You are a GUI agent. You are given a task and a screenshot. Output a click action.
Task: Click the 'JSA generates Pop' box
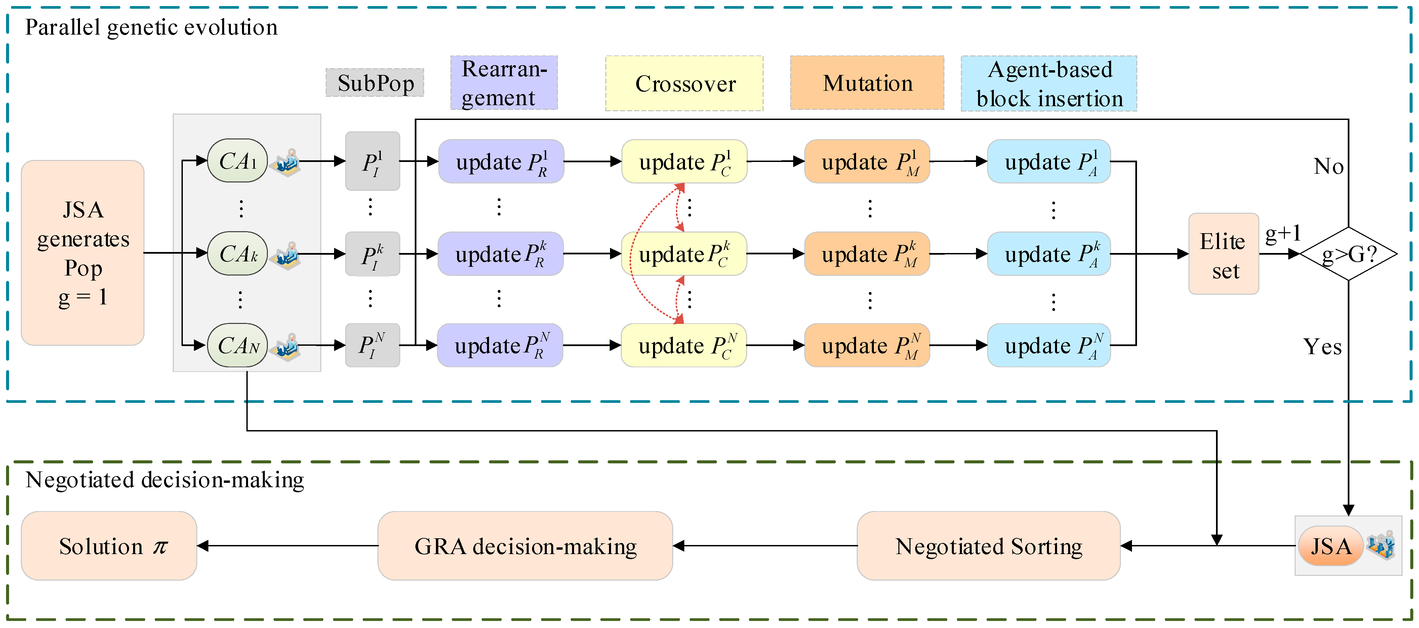(83, 253)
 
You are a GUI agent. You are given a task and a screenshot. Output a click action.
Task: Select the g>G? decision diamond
(1348, 254)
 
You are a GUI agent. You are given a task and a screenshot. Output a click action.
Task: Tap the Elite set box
(1223, 254)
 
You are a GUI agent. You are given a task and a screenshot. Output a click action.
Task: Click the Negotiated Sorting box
(988, 546)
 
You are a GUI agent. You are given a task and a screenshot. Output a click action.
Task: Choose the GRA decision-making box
(525, 546)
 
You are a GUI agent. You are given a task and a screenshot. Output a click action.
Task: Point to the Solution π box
(109, 546)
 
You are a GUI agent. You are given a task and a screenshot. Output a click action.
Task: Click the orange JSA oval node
(1330, 546)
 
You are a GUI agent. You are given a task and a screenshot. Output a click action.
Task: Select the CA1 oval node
(237, 161)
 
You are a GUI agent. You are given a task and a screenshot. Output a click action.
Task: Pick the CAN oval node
(237, 345)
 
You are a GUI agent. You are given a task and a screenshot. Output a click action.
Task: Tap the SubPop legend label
(375, 83)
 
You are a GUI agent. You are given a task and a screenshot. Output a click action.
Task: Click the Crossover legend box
(684, 83)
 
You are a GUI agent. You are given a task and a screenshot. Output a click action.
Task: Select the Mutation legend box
(867, 83)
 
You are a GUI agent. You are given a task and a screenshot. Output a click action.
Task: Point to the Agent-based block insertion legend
(1049, 84)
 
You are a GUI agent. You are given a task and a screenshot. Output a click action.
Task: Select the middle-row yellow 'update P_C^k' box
(684, 254)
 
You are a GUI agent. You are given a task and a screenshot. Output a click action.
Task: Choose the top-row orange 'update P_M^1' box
(867, 161)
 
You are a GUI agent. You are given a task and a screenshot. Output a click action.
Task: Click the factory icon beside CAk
(286, 255)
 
